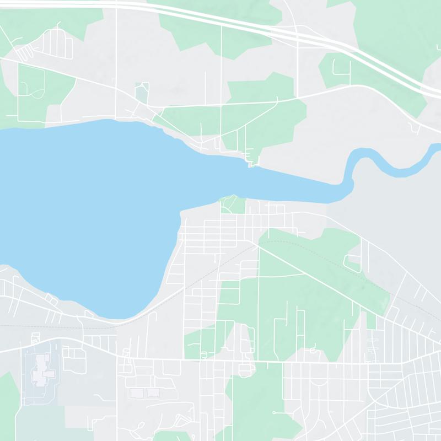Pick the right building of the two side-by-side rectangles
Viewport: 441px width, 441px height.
tap(153, 393)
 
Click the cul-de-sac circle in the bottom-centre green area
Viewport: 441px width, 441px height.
tap(275, 412)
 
